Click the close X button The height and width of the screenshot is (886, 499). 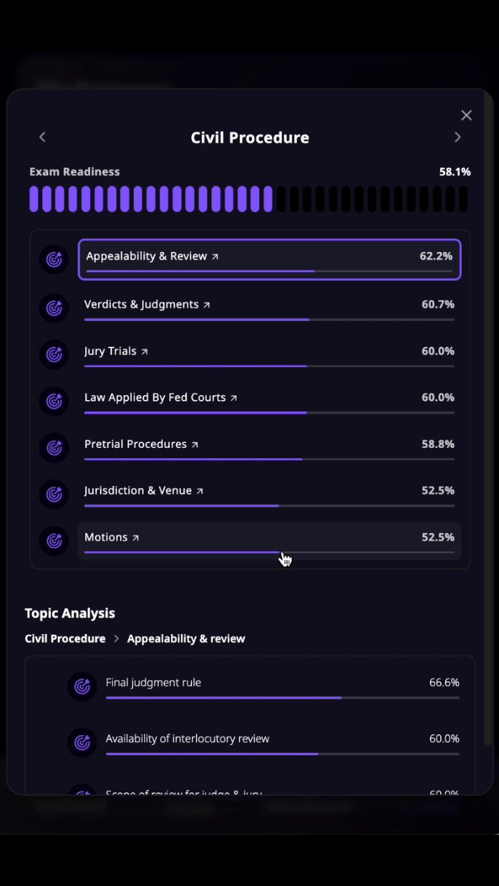466,116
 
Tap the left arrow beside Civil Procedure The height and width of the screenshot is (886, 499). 42,137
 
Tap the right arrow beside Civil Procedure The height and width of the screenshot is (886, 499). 457,137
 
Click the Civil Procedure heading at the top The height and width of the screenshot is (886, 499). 249,138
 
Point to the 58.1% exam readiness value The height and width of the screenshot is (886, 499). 455,172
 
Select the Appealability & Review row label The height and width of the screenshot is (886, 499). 147,256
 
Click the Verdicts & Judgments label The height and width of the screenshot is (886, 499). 141,305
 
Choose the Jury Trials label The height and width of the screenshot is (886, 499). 110,351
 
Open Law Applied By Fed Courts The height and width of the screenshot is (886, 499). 155,397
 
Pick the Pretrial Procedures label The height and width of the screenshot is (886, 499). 136,444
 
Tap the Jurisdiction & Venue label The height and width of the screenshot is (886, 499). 138,490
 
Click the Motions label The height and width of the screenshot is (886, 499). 106,537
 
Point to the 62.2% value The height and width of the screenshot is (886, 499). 436,256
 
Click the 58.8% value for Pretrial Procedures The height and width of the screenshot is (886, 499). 438,444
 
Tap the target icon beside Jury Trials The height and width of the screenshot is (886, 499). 54,354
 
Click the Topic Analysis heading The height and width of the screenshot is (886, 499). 70,613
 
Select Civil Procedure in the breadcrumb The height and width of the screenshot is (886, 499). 65,638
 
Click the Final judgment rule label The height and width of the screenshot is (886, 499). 153,682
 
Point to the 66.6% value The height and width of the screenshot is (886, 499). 444,682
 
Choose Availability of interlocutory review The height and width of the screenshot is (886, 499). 187,739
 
